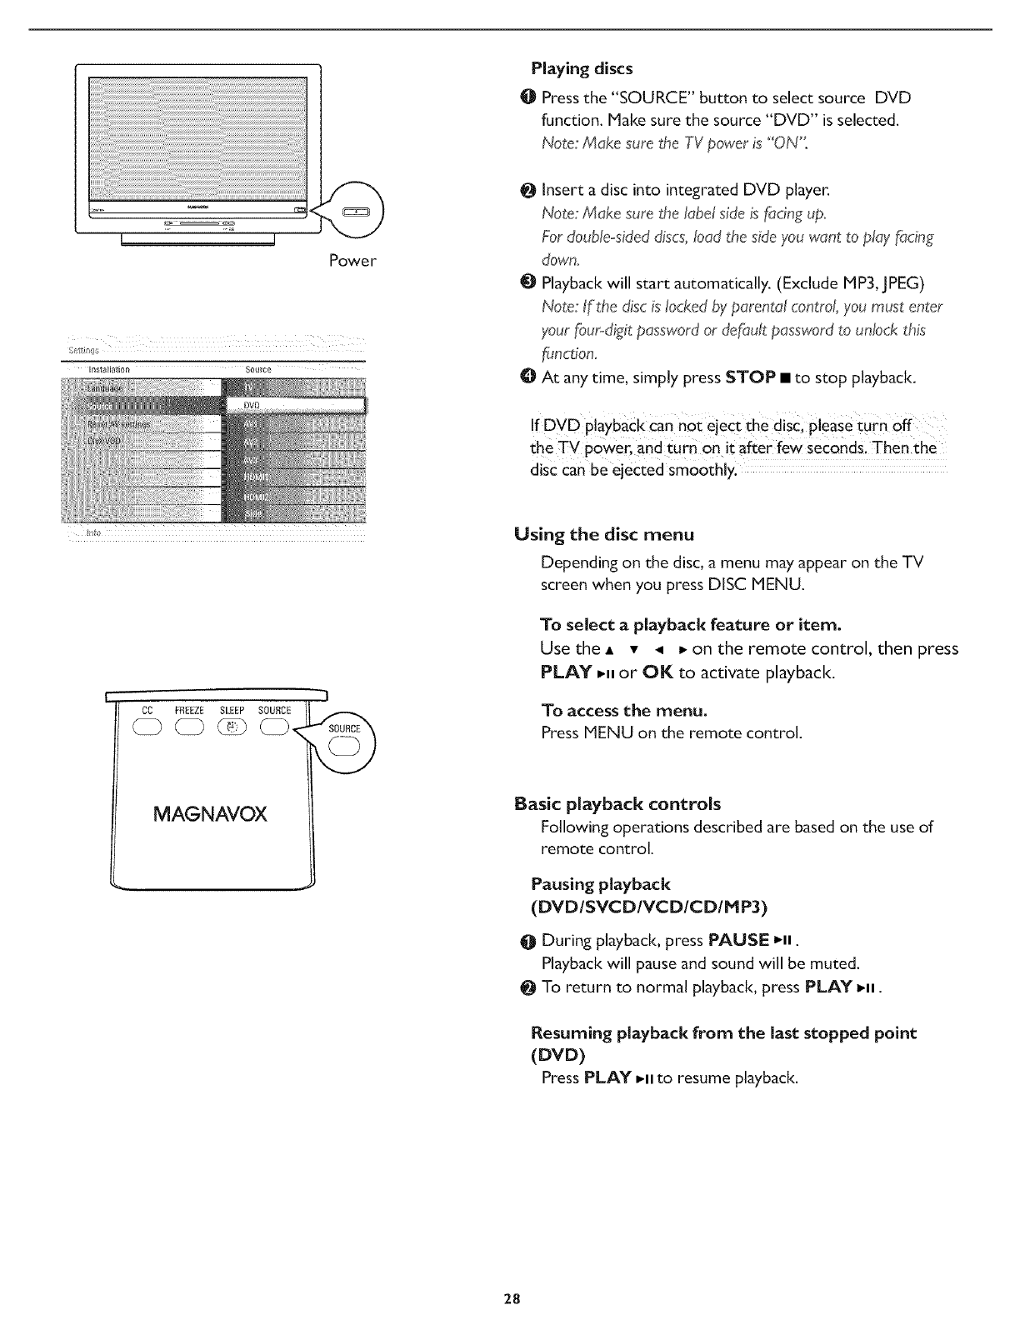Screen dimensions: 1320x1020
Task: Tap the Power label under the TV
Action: (352, 261)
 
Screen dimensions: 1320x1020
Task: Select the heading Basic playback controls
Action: (617, 804)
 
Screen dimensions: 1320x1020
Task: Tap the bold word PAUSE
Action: (738, 941)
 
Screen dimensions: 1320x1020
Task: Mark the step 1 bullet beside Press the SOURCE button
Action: (532, 97)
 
